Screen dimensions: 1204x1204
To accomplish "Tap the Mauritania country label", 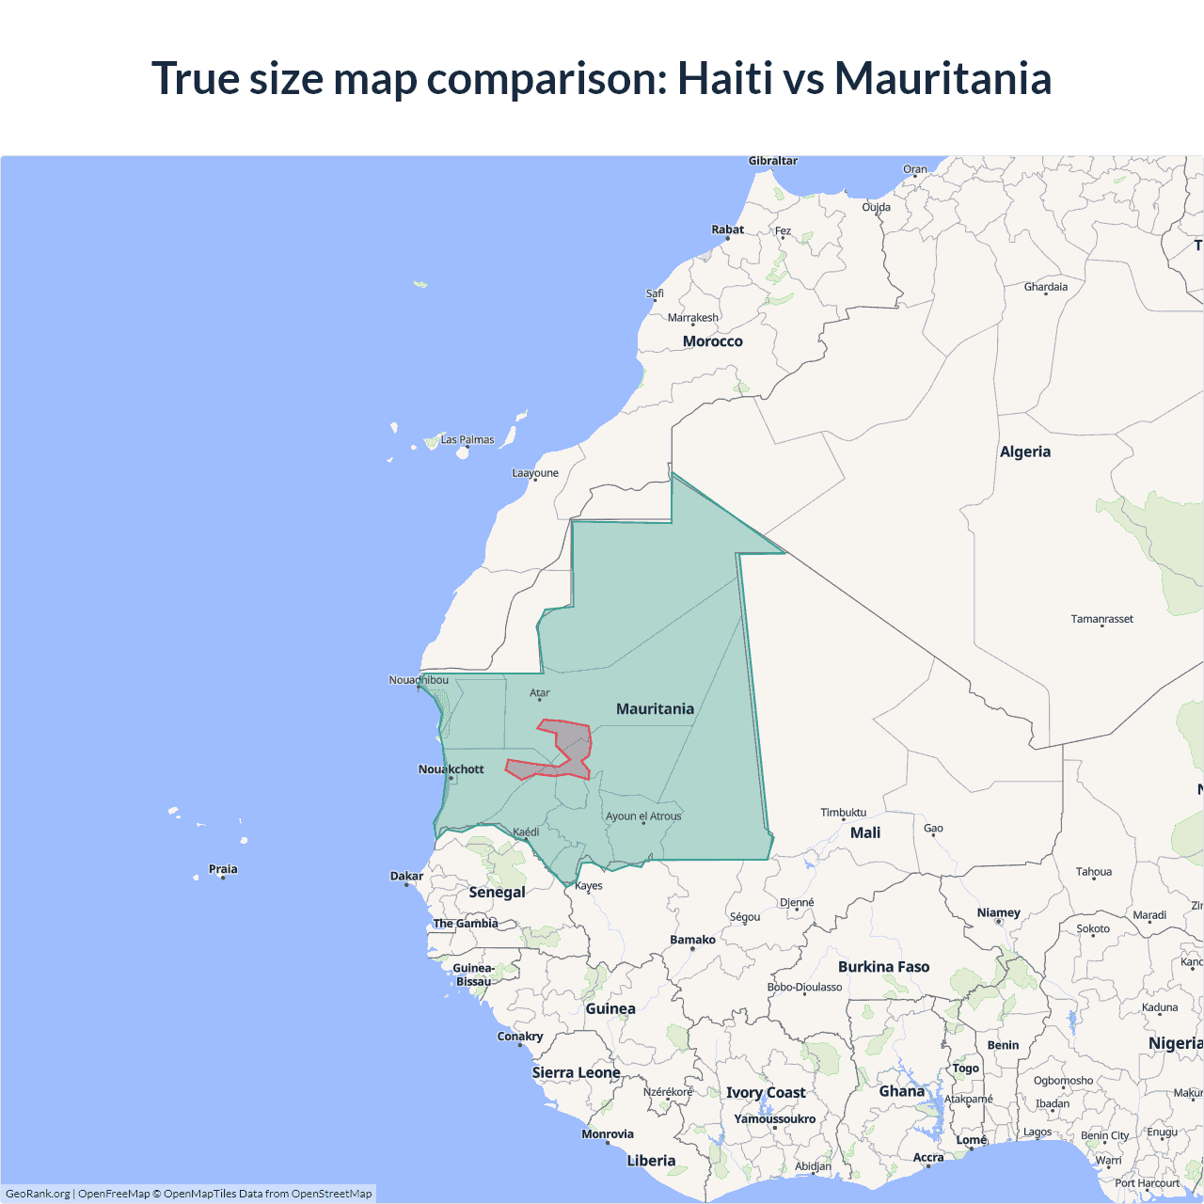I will click(655, 709).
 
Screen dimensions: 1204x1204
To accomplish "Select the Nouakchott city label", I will click(451, 769).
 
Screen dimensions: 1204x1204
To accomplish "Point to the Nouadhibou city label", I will click(419, 680).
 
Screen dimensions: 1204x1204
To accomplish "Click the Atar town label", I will click(539, 693).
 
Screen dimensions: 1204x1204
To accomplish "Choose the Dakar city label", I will click(406, 876).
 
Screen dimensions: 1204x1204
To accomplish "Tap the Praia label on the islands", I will click(223, 869).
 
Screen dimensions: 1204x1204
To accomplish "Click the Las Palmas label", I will click(467, 439).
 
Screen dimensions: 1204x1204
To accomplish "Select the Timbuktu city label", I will click(843, 813).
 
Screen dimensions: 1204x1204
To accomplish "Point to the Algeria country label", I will click(1024, 451).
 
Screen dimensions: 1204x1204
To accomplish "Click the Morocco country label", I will click(712, 341).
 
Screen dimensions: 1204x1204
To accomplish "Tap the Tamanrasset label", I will click(1101, 619).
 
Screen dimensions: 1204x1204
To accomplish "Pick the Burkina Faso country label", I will click(883, 967).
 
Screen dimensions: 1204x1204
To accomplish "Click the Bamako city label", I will click(692, 940).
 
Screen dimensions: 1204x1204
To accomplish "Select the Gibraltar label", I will click(772, 161).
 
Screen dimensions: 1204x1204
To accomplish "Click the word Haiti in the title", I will click(724, 78).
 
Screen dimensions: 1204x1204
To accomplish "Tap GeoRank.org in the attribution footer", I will click(38, 1194).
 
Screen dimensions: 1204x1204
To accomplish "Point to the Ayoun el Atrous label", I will click(643, 816).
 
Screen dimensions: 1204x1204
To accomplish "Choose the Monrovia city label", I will click(608, 1134).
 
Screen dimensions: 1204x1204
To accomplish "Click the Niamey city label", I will click(998, 912).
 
